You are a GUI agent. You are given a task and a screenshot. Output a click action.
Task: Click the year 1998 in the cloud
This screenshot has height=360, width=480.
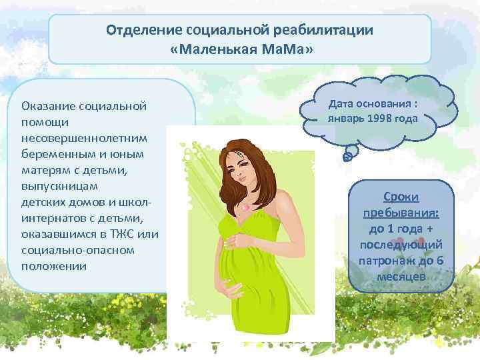(382, 119)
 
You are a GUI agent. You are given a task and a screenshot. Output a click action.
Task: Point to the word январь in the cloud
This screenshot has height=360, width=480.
(346, 119)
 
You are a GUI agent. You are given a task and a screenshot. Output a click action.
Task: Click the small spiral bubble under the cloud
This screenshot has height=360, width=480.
(347, 157)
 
